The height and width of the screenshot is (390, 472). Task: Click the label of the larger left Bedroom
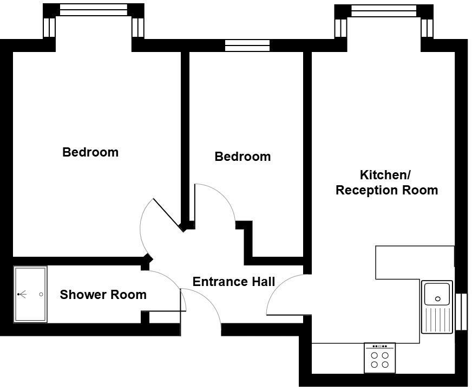(x=90, y=152)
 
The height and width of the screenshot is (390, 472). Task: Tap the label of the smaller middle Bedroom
(x=242, y=157)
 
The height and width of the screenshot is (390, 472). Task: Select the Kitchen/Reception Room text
(x=386, y=183)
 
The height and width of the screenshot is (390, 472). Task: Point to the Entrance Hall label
(x=234, y=282)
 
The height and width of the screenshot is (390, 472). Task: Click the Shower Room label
(x=103, y=295)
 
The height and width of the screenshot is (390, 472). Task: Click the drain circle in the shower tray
(x=41, y=295)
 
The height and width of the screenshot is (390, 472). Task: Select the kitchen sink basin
(x=437, y=294)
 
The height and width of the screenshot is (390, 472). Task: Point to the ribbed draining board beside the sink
(x=437, y=319)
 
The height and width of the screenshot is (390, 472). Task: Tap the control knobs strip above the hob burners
(x=379, y=346)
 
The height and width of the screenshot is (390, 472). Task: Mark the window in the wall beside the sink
(x=461, y=311)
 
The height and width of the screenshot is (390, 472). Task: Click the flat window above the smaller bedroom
(x=247, y=45)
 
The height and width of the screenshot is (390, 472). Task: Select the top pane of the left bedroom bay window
(x=93, y=10)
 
